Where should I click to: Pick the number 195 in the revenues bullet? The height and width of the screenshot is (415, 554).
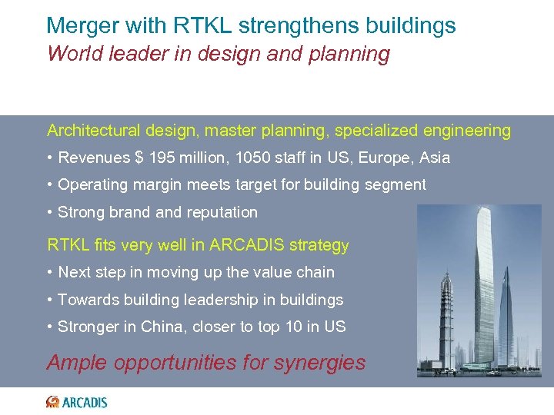[x=162, y=158]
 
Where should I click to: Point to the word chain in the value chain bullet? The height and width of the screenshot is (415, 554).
[x=315, y=272]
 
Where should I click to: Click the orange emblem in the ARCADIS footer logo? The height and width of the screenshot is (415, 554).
[x=52, y=402]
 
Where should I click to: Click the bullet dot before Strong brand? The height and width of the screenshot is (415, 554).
[x=49, y=212]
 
